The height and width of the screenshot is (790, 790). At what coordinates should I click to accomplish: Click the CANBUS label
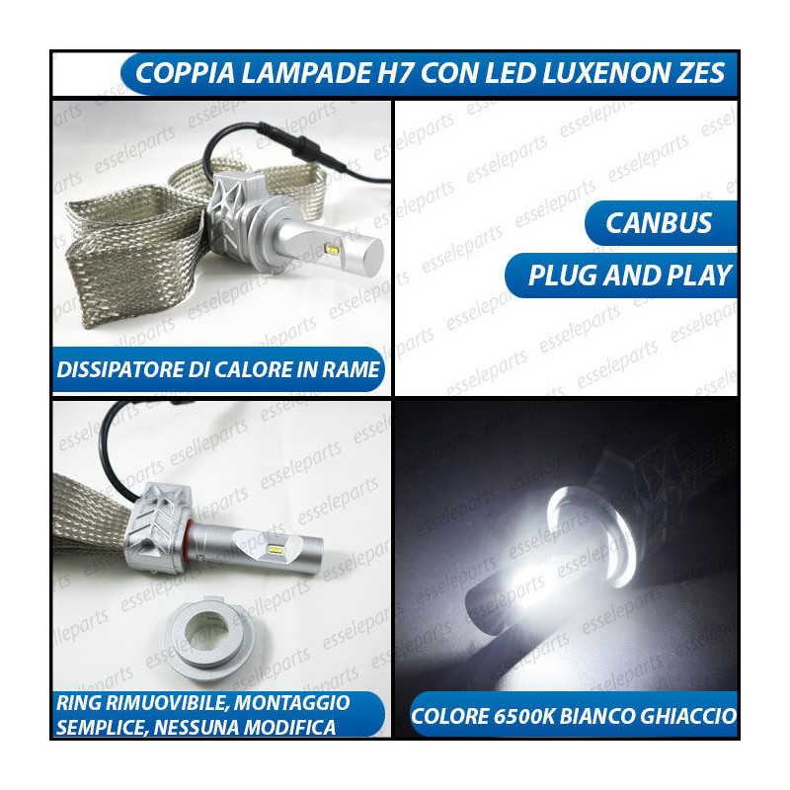click(659, 223)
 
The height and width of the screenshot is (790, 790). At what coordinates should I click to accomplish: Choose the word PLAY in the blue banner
click(699, 276)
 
